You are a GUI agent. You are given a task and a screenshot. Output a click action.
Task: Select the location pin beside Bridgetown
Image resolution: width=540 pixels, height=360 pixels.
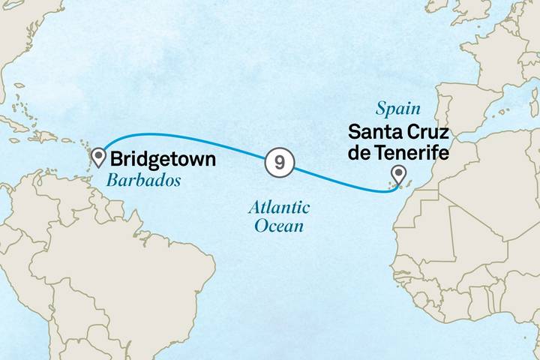(x=98, y=157)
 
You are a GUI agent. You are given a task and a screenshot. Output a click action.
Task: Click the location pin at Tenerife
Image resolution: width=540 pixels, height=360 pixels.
(x=397, y=175)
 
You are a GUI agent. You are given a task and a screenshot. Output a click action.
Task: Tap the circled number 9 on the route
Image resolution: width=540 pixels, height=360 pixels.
(x=278, y=163)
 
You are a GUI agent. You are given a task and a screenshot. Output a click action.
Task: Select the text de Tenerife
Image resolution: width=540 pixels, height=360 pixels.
(x=397, y=154)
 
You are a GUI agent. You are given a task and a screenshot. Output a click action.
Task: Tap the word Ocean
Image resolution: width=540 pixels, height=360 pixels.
(x=279, y=225)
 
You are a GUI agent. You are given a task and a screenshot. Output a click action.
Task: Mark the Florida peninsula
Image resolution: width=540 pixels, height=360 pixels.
(x=3, y=97)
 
